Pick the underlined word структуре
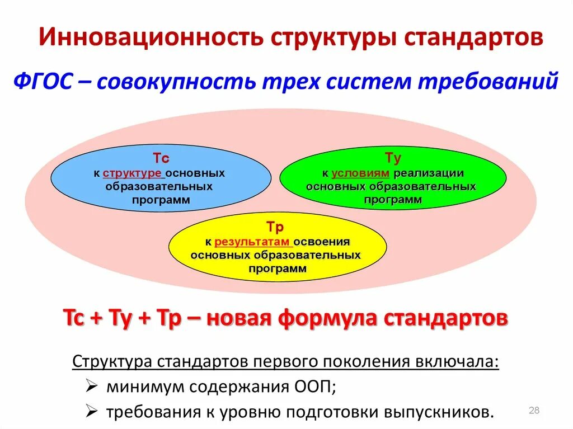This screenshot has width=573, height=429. (x=133, y=173)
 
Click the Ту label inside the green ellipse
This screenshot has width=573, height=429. (x=393, y=158)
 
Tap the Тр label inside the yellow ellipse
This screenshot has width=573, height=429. (x=276, y=228)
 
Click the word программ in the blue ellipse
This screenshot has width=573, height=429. (x=161, y=200)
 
